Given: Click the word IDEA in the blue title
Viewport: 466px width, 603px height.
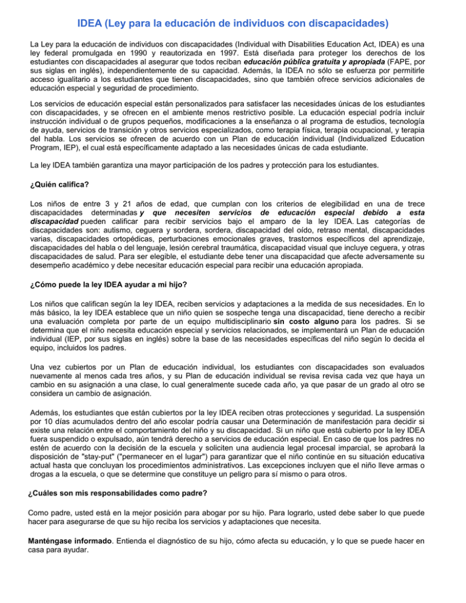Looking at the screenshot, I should pos(92,24).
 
